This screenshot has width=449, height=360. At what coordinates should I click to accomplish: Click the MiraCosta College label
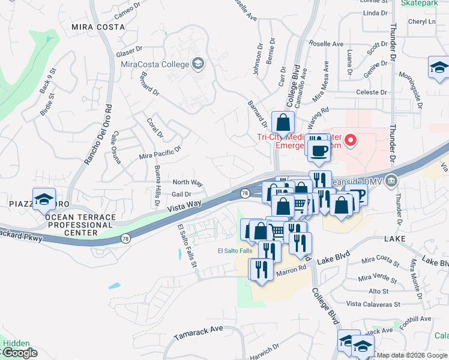[155, 64]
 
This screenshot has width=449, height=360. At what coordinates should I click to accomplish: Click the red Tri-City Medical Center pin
[351, 142]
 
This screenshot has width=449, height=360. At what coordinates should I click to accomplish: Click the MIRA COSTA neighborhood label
[98, 27]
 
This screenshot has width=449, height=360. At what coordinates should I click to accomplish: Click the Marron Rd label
[291, 272]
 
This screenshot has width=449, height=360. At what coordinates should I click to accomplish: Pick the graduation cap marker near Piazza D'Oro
[44, 199]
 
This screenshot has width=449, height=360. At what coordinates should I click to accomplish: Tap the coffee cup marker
[319, 149]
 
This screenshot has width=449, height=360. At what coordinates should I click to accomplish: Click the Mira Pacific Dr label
[160, 153]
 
